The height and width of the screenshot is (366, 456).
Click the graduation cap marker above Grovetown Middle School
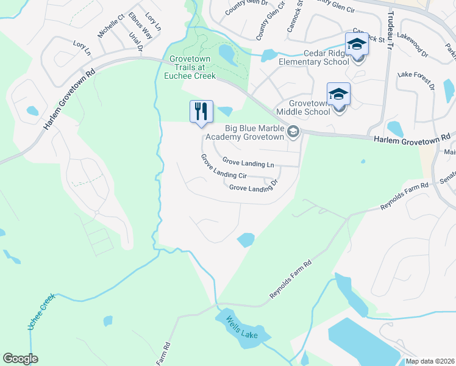(x=338, y=94)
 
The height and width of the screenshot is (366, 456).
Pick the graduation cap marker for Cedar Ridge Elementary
(x=357, y=44)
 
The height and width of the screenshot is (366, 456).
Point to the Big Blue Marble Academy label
(x=255, y=132)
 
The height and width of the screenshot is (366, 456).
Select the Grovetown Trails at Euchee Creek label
(x=190, y=71)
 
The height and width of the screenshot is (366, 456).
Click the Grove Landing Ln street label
(x=248, y=163)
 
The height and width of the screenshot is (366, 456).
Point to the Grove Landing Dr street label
(x=254, y=185)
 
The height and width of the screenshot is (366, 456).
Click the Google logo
(x=20, y=359)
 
